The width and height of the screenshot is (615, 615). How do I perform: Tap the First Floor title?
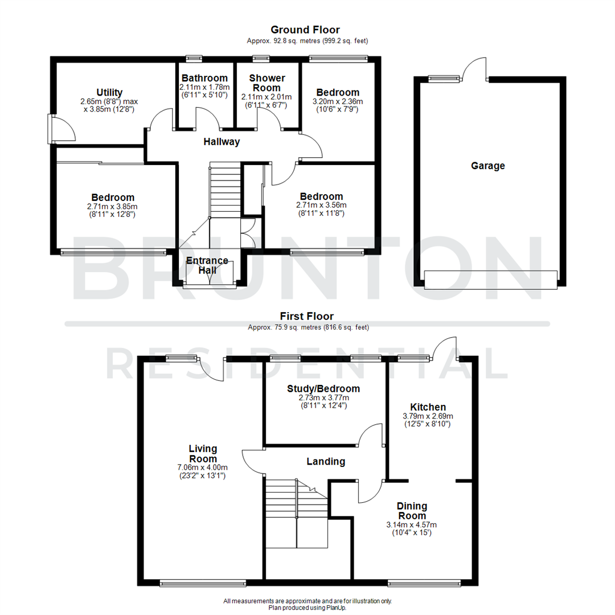[307, 316]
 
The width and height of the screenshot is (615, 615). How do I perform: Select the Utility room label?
[109, 92]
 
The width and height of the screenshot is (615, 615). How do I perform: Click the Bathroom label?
[204, 78]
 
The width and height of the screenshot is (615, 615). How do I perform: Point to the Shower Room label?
[266, 83]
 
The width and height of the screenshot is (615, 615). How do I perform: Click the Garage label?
[487, 166]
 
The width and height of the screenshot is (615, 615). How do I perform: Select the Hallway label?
[222, 142]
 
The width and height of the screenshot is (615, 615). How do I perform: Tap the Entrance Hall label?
[207, 265]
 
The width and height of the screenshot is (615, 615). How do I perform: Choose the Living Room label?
[203, 454]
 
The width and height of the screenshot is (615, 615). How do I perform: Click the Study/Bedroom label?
[323, 388]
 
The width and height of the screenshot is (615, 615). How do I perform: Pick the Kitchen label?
[428, 407]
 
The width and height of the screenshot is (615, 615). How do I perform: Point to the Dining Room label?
[412, 511]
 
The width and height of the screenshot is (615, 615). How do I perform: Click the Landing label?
[326, 461]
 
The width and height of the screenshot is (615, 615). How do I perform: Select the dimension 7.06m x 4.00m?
[203, 468]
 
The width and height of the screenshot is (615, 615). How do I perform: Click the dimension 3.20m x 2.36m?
[338, 102]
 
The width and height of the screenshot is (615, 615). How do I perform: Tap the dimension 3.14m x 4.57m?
[412, 525]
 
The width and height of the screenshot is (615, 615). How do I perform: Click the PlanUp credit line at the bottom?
[307, 608]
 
